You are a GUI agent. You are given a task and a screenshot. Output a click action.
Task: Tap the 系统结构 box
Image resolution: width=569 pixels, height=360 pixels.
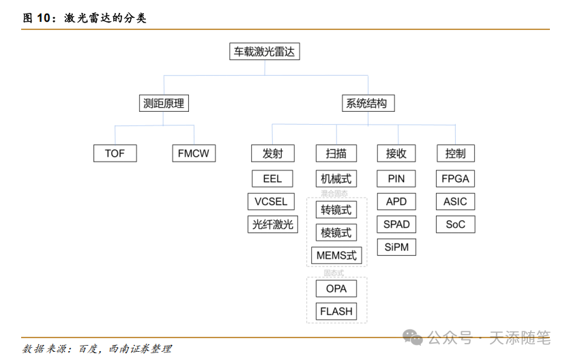tap(366, 104)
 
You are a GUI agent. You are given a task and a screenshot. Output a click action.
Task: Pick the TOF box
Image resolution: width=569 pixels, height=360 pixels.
tap(115, 153)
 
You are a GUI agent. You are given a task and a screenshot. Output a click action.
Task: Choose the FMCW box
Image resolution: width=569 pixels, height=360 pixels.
tap(194, 153)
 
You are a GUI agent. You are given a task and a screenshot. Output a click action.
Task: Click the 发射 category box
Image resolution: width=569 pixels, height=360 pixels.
tap(272, 153)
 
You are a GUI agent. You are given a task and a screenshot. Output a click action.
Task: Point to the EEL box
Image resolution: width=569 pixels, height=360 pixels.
tap(272, 179)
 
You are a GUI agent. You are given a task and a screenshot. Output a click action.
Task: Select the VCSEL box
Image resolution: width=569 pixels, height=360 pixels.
tap(271, 201)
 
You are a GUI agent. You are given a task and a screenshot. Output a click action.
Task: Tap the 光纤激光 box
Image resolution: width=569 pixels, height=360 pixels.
tap(272, 224)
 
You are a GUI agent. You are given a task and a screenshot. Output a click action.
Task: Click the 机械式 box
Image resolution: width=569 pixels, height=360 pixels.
tap(336, 179)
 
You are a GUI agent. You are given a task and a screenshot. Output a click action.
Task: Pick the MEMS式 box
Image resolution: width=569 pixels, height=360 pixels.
tap(336, 256)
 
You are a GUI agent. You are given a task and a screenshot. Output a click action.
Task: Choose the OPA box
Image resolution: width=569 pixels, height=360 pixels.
tap(336, 288)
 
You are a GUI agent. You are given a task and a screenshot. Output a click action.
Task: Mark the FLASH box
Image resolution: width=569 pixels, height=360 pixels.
tap(336, 311)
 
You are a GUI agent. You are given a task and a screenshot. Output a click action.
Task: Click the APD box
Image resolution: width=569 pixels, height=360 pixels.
tap(396, 201)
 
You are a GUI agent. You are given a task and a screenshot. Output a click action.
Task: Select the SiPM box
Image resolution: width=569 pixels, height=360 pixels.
tap(396, 247)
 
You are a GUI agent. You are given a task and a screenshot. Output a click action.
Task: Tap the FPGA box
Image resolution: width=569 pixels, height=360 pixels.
tap(455, 179)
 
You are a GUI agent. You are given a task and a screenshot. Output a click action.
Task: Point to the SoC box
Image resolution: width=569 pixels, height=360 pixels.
tap(455, 224)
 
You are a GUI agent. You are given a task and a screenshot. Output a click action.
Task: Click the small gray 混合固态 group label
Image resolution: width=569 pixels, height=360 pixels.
tap(334, 194)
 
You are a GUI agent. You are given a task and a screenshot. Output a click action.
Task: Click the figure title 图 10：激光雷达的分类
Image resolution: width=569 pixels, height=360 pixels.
tap(85, 18)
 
